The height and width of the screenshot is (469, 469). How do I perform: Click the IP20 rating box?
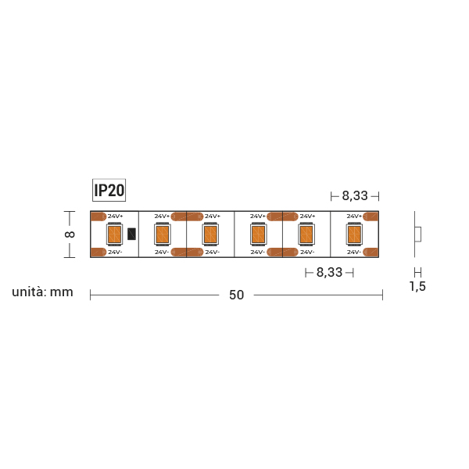[x=109, y=190]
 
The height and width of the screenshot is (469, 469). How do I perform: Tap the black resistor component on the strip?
[x=131, y=234]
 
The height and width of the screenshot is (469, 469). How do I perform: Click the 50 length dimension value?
[x=236, y=295]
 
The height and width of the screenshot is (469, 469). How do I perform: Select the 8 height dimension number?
[x=70, y=234]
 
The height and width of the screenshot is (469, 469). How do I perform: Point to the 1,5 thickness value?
[x=417, y=287]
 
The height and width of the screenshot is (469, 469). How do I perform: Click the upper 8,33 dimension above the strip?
[x=354, y=195]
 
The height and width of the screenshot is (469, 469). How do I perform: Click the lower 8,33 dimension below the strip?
[x=329, y=273]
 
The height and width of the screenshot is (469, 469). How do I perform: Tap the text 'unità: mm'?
[x=42, y=292]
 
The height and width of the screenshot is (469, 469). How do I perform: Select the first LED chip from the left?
[x=114, y=234]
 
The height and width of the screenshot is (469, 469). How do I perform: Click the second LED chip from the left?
[x=162, y=234]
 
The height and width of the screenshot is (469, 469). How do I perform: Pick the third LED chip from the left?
[x=209, y=234]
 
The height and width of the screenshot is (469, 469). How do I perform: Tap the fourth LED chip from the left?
[x=258, y=234]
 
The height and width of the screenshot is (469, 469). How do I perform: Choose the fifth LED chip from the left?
[x=306, y=234]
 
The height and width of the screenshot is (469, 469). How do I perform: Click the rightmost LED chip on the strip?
[x=354, y=234]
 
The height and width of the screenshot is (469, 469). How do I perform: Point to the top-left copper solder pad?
[x=99, y=216]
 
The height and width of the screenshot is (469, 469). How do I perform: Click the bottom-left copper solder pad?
[x=99, y=252]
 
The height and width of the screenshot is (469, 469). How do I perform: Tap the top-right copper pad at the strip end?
[x=373, y=216]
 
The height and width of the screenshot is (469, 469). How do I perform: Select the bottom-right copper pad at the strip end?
[x=373, y=252]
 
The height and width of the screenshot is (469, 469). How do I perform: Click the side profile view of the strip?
[x=417, y=234]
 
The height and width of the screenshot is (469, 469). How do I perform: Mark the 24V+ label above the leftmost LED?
[x=115, y=216]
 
